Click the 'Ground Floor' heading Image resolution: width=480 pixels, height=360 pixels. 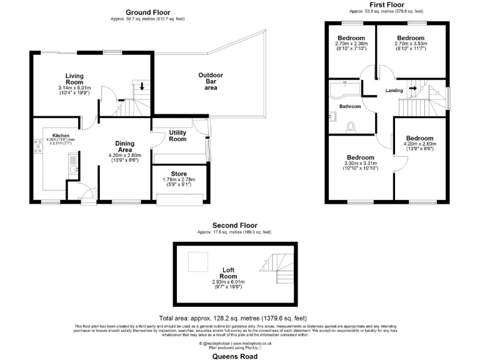click(147, 12)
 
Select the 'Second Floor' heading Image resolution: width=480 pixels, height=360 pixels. click(234, 225)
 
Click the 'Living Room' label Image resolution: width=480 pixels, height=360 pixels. click(74, 79)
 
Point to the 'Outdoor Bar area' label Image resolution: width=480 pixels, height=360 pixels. click(211, 82)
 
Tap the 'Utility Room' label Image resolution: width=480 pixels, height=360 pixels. click(177, 135)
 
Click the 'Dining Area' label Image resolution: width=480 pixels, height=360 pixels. click(124, 146)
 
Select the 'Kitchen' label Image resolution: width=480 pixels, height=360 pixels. click(61, 135)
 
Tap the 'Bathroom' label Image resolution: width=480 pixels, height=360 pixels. click(350, 106)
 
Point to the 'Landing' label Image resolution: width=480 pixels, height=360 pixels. click(394, 91)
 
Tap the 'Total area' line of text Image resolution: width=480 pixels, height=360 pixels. click(232, 318)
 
